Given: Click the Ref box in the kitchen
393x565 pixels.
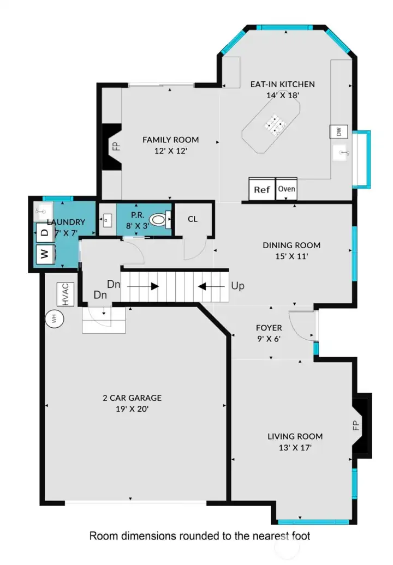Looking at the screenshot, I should pos(262,190).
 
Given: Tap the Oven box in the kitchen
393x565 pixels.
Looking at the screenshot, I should pos(287,189).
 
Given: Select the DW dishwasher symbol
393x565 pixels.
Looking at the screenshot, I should pos(339,132).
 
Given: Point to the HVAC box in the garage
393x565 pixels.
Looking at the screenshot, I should pos(64,295).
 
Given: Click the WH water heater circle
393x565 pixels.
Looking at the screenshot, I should pos(54,320).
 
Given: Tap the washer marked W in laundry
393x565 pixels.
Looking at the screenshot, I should pos(43,254).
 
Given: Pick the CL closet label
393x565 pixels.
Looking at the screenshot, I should pos(192,219).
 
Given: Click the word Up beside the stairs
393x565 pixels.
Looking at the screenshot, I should pos(238,286).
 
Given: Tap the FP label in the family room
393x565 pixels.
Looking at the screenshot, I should pos(115,146).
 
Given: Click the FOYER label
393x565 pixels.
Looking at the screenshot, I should pos(269,328).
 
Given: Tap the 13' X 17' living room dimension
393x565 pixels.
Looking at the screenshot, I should pos(295,448).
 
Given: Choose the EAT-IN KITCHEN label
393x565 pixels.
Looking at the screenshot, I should pos(282,84).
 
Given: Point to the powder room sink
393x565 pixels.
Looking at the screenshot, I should pos(107,220).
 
